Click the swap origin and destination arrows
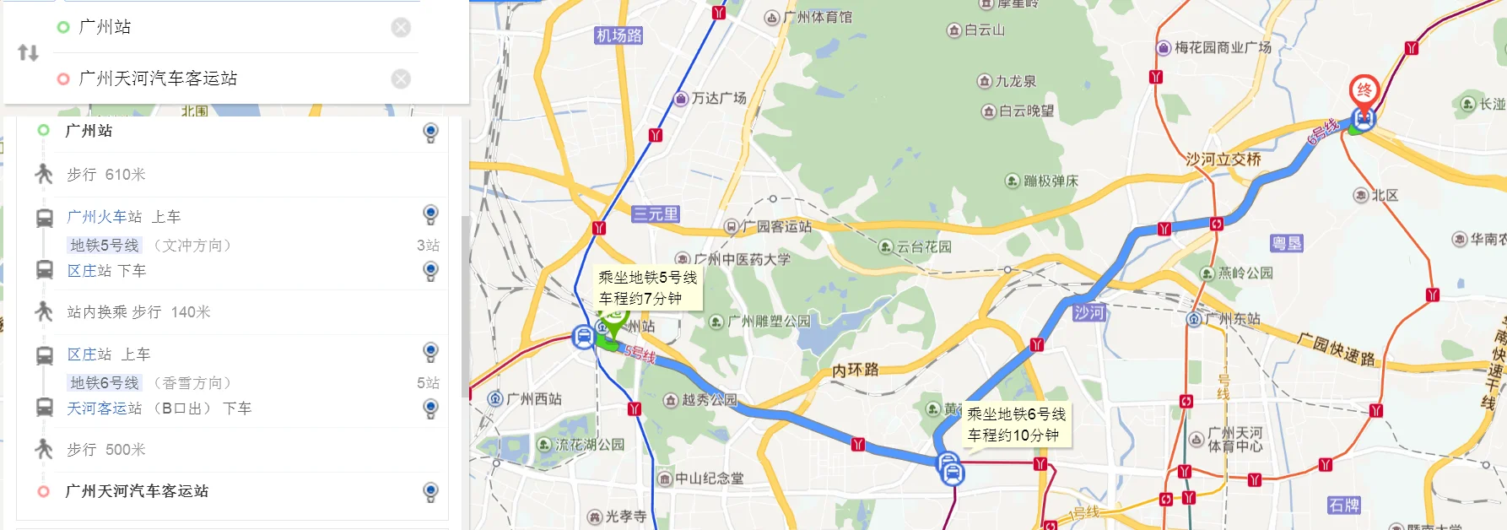point(28,53)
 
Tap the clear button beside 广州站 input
point(401,28)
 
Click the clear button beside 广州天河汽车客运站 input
point(401,78)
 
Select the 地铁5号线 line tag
point(105,246)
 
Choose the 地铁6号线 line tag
point(105,383)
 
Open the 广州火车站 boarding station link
point(105,217)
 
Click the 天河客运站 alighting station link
point(105,408)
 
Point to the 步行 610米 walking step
point(106,175)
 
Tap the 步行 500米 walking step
point(106,450)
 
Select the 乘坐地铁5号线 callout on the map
point(648,288)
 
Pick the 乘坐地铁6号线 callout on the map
point(1017,425)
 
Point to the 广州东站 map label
point(1232,319)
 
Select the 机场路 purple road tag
point(619,35)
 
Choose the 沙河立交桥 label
point(1223,159)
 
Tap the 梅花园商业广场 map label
point(1222,48)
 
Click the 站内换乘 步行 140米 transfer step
point(138,312)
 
